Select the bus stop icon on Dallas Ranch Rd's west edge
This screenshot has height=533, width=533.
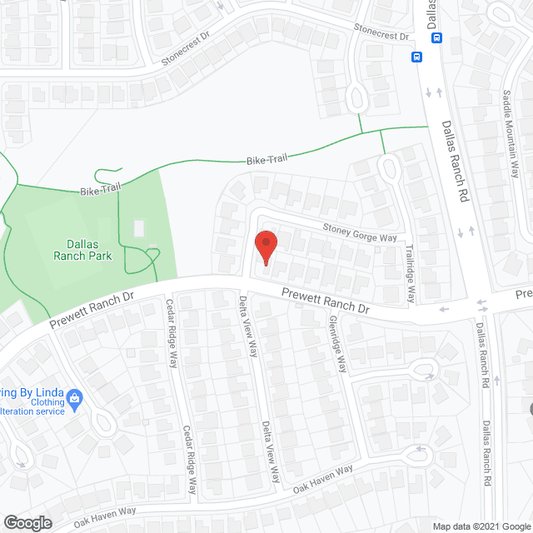click(x=416, y=57)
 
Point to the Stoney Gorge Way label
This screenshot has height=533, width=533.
click(x=360, y=232)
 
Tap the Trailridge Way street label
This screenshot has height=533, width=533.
click(x=410, y=271)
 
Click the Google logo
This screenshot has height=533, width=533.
click(x=27, y=523)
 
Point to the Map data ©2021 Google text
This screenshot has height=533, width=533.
click(x=481, y=526)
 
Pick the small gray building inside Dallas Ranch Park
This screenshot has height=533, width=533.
click(x=138, y=227)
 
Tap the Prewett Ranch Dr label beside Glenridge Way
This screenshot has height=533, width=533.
click(x=325, y=301)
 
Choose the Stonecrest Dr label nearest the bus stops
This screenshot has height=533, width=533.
click(x=381, y=32)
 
